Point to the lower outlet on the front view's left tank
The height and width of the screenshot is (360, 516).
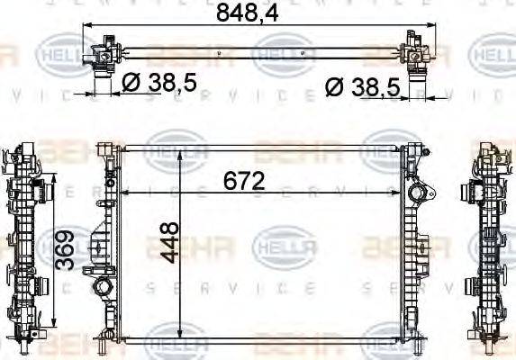(x=103, y=290)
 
